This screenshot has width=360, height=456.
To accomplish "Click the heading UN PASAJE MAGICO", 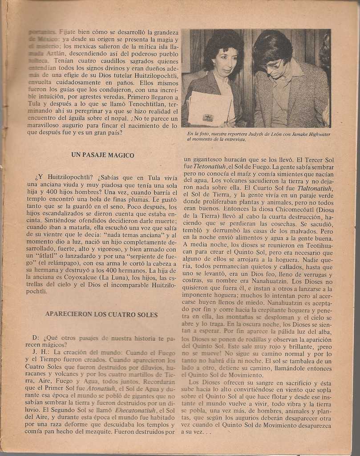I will click(x=103, y=155).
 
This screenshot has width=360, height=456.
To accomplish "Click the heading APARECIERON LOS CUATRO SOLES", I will click(x=101, y=314).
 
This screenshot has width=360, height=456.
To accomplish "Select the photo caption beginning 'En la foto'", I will click(x=258, y=136).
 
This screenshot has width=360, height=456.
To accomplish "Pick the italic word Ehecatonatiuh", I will click(x=135, y=410).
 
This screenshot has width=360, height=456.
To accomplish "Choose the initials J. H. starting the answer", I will click(x=39, y=352).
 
